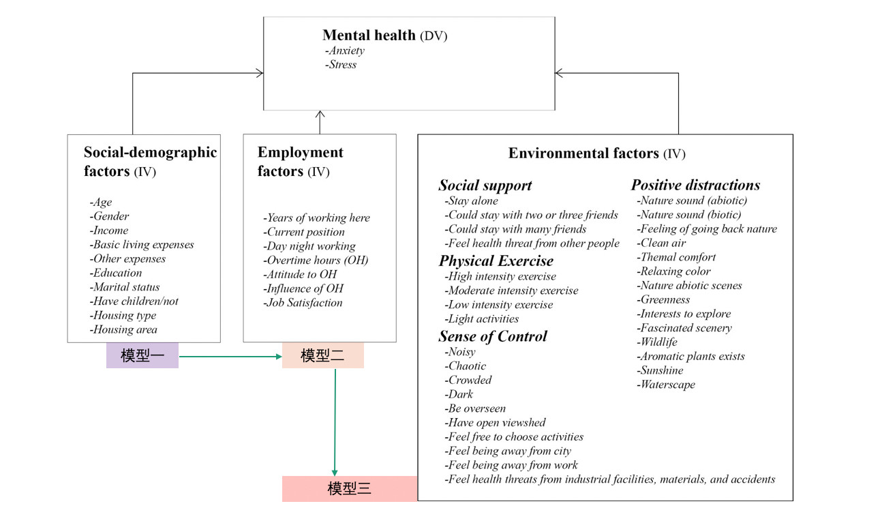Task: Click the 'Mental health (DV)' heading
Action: coord(384,35)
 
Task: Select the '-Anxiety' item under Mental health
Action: coord(345,50)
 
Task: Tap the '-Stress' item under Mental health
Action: coord(341,65)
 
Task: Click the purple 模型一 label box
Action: coord(142,355)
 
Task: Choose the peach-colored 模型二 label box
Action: coord(323,355)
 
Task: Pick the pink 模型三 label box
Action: coord(350,489)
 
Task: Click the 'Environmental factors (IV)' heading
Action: coord(597,153)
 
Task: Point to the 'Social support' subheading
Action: coord(485,185)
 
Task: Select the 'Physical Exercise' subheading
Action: coord(496,261)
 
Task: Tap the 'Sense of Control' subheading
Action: coord(493,336)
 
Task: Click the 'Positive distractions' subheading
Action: coord(696,185)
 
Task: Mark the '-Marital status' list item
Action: coord(125,287)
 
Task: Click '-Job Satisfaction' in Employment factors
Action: coord(303,303)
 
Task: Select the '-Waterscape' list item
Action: coord(666,385)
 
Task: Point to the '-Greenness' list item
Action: coord(663,299)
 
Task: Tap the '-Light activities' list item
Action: coord(482,319)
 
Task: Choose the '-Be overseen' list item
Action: coord(475,408)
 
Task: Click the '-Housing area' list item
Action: coord(123,329)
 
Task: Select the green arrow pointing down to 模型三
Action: coord(335,422)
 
